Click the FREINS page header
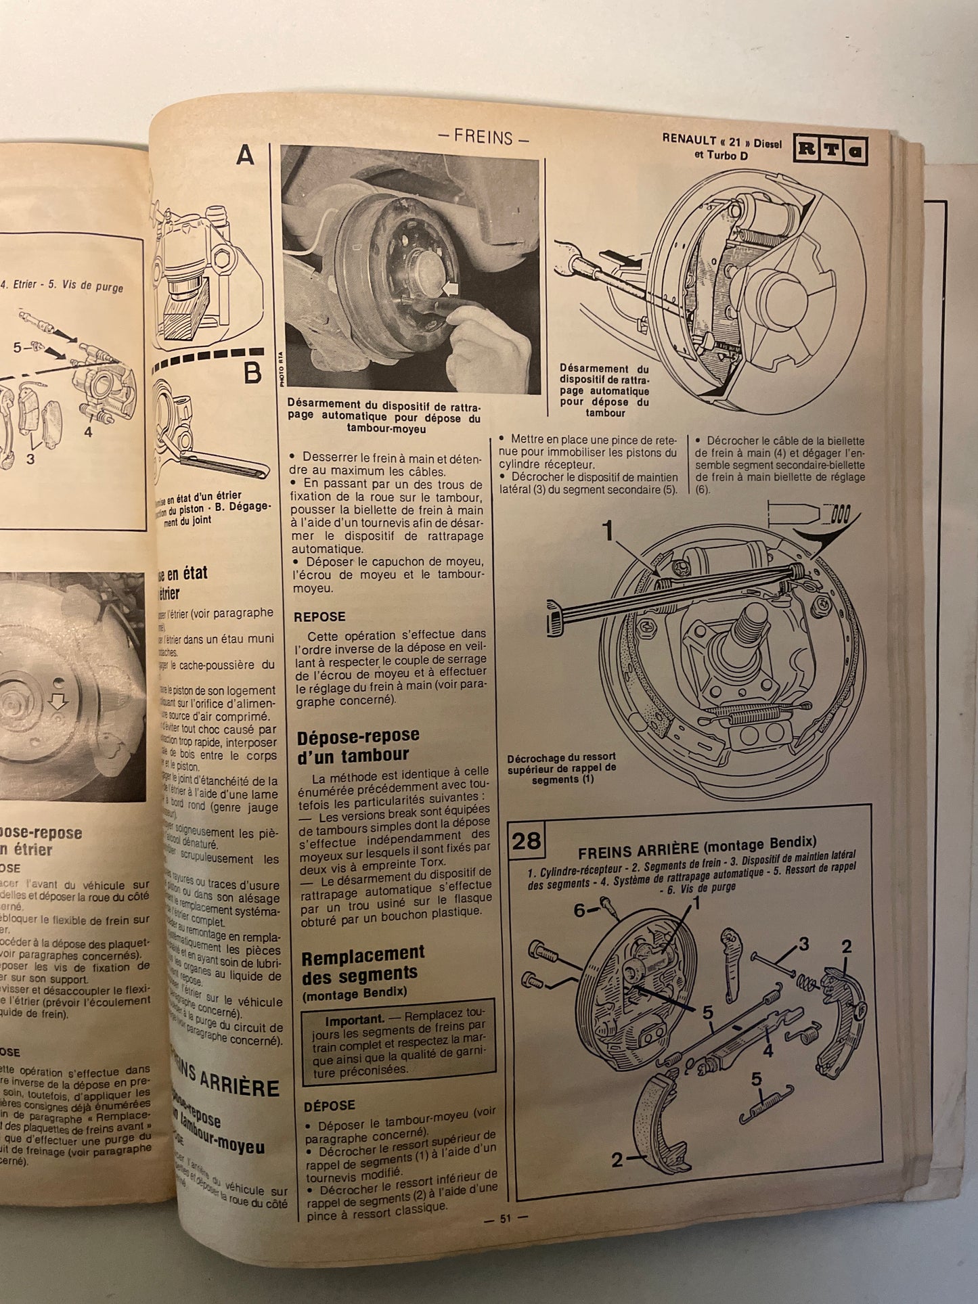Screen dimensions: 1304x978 483,138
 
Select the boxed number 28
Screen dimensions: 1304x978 526,840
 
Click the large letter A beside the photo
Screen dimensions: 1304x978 245,157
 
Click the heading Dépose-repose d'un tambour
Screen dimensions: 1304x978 359,745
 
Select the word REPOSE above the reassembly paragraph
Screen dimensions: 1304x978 319,617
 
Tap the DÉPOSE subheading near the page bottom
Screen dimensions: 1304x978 329,1105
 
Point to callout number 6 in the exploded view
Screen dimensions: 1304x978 579,911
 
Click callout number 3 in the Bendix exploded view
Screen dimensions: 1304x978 803,945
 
